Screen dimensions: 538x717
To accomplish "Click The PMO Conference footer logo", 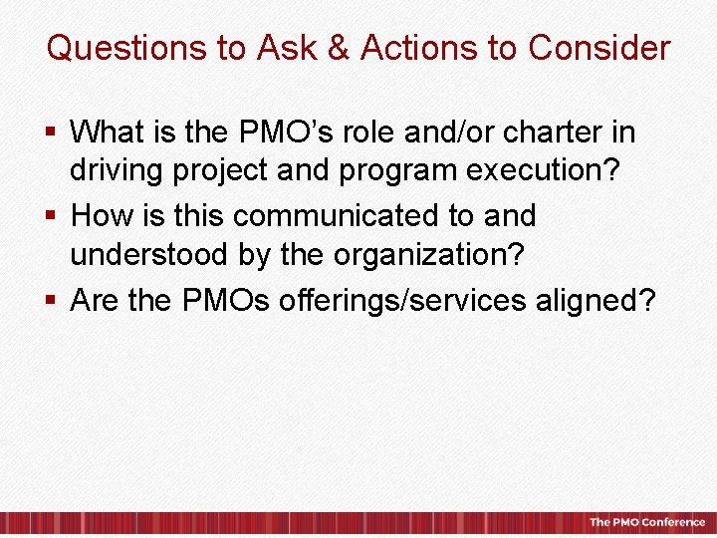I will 646,522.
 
